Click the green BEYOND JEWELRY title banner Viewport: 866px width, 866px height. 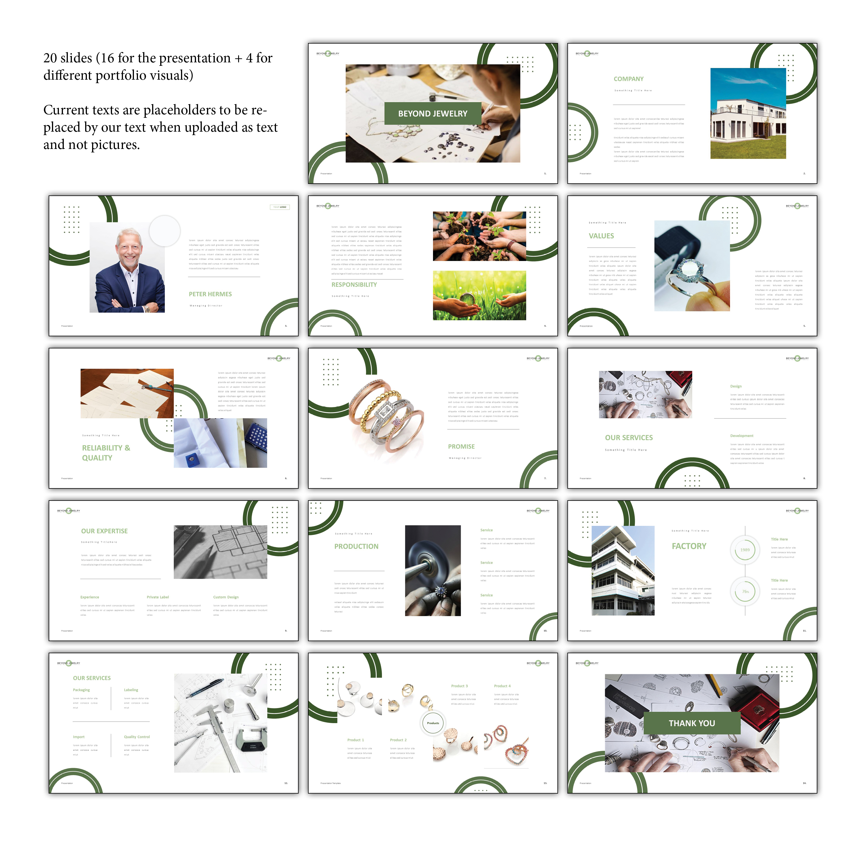(x=432, y=113)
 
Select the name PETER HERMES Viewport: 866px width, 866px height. (x=210, y=294)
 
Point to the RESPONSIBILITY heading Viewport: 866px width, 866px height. (x=354, y=285)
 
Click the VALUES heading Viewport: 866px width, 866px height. (x=601, y=236)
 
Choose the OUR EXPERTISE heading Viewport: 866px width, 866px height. (x=104, y=531)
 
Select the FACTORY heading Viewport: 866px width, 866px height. (x=688, y=546)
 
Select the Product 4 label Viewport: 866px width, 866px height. (x=502, y=686)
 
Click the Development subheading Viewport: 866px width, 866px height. (x=741, y=436)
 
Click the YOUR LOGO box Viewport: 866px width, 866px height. (x=280, y=207)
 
